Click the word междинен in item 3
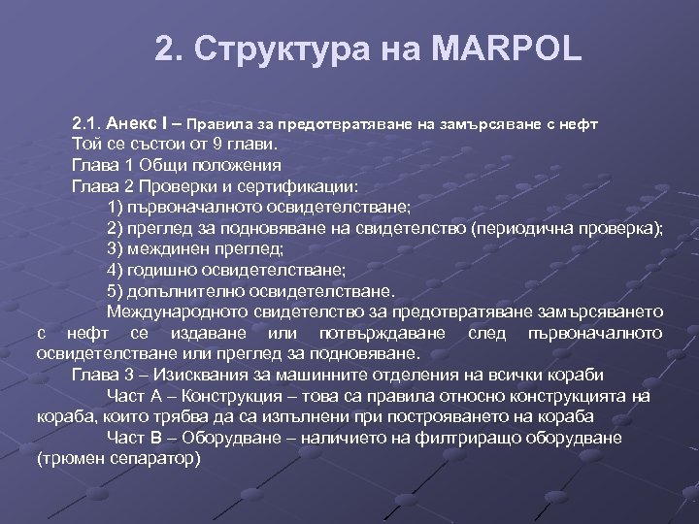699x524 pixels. pos(175,248)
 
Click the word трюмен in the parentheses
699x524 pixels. pos(74,458)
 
